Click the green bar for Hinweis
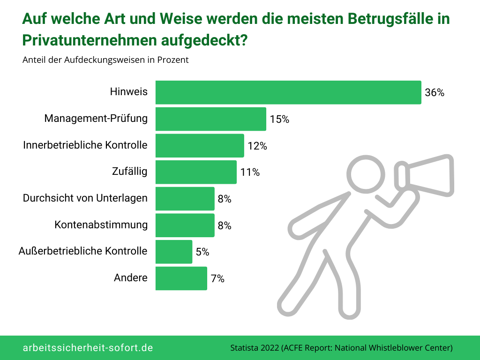click(x=288, y=92)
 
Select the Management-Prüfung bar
click(x=211, y=119)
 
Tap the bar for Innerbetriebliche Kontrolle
click(x=200, y=145)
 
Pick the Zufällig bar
click(x=196, y=172)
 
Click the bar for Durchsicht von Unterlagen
click(x=185, y=199)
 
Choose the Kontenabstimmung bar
click(x=185, y=225)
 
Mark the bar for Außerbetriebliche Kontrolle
click(x=174, y=252)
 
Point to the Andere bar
click(x=181, y=278)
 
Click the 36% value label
click(x=434, y=93)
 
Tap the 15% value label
click(x=279, y=120)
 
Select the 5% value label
click(x=202, y=252)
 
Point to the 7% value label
click(x=217, y=279)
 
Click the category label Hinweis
click(x=128, y=92)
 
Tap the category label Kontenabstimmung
click(x=101, y=225)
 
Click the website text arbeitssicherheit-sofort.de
click(x=88, y=348)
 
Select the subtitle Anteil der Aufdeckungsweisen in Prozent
click(x=105, y=60)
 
